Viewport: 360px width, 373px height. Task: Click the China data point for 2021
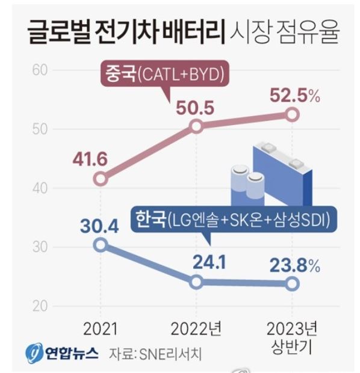point(101,179)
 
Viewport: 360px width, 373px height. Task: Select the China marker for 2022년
point(196,126)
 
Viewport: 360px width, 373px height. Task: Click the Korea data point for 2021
point(101,244)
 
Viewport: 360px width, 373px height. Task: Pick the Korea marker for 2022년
point(196,282)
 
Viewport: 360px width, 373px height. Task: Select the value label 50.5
point(196,108)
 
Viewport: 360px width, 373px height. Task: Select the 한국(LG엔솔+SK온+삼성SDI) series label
point(232,218)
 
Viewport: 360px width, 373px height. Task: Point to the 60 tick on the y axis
point(40,70)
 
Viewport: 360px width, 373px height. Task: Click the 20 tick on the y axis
point(40,306)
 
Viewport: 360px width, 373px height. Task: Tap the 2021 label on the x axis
point(101,328)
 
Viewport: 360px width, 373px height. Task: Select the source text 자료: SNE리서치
point(155,353)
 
